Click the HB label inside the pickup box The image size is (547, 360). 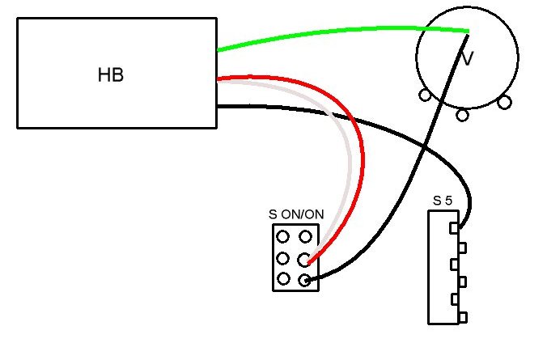111,75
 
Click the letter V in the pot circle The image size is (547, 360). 467,58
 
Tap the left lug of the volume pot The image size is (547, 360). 425,95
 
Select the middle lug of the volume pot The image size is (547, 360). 462,115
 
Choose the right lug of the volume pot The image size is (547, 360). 504,103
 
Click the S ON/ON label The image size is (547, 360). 296,214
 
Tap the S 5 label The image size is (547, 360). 443,201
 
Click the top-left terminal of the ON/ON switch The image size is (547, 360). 282,237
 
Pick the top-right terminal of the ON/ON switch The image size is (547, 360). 305,237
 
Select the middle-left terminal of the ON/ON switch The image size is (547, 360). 282,259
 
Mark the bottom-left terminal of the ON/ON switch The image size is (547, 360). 283,279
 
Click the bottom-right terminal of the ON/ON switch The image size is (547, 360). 304,280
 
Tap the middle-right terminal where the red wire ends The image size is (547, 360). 304,260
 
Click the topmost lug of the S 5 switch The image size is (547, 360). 454,228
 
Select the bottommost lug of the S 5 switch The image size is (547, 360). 463,318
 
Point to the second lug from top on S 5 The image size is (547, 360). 462,248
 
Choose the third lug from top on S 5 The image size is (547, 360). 454,265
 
